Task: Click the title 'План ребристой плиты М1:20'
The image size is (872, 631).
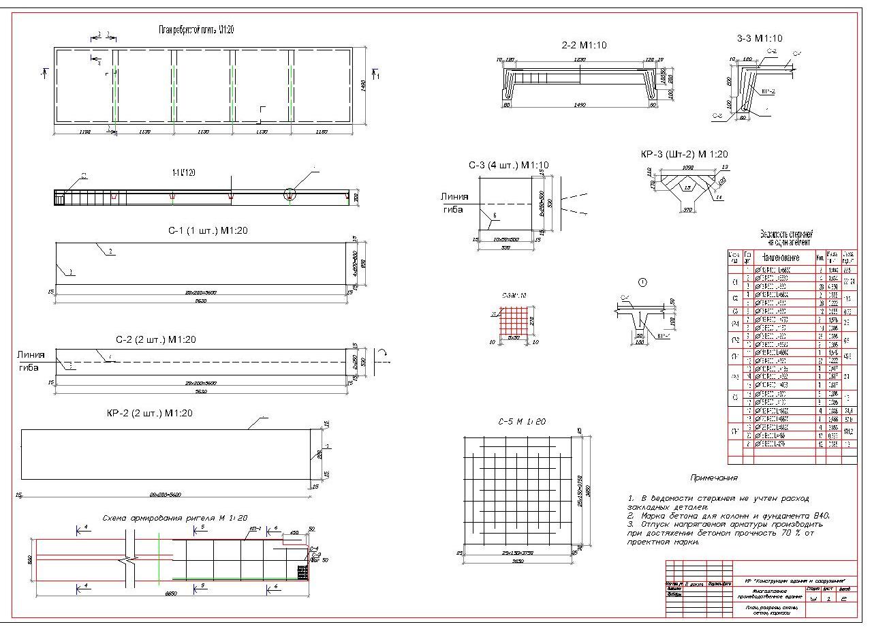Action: coord(197,30)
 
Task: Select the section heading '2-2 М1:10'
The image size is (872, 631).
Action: coord(584,45)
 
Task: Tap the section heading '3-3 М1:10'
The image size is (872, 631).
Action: coord(760,38)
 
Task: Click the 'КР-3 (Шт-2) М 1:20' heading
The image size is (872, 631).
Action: coord(684,155)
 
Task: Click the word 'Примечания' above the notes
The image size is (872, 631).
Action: coord(713,478)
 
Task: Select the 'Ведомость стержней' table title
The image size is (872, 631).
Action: coord(786,236)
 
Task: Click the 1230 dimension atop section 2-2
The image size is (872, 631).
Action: coord(580,60)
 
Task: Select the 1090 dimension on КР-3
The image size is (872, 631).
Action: coord(687,167)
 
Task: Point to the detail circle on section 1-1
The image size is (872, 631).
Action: coord(291,194)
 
